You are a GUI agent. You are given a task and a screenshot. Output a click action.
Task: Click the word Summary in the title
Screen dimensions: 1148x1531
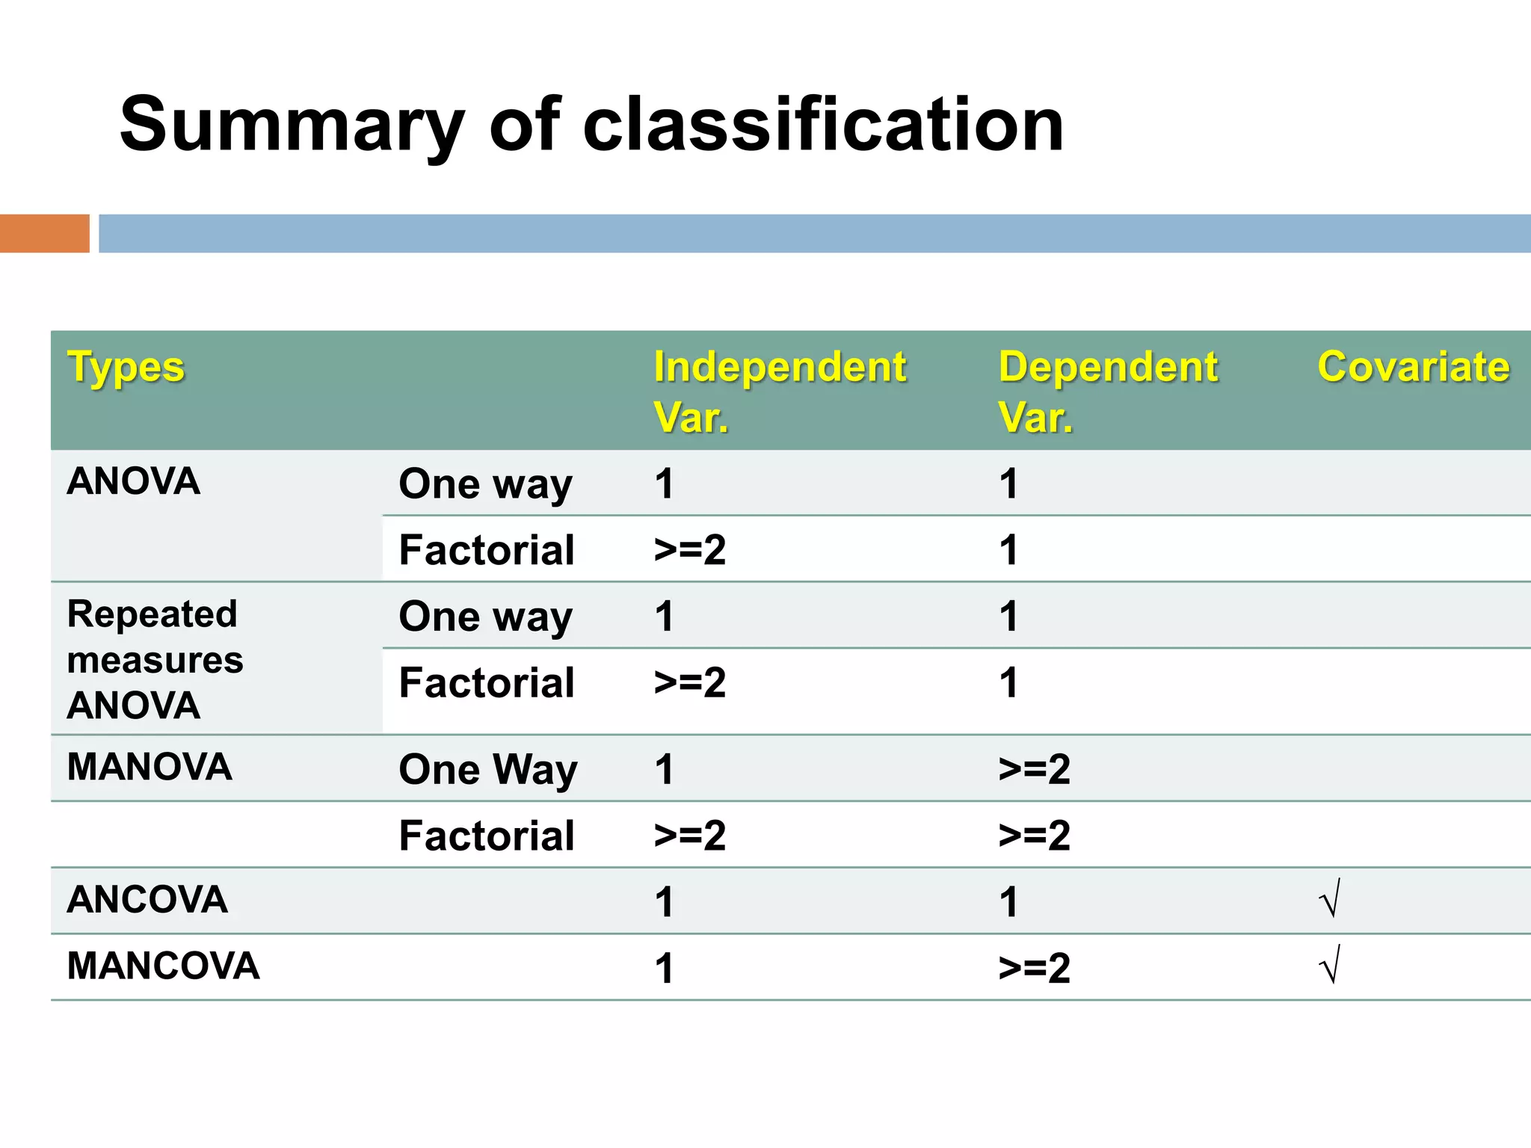coord(292,126)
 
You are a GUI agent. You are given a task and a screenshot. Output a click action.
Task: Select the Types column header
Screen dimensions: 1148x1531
coord(126,368)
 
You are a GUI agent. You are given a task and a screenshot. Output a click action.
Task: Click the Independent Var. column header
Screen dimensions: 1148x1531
coord(779,392)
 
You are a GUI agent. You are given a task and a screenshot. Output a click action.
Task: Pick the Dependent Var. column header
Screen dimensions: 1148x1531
coord(1108,392)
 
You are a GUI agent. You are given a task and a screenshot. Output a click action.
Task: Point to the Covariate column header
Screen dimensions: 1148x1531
coord(1413,368)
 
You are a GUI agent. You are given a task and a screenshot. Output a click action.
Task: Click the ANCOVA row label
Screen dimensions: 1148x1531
coord(147,900)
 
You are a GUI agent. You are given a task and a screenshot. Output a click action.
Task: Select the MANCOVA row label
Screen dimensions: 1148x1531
coord(163,966)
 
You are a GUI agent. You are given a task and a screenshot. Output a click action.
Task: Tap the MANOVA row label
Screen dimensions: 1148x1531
coord(150,767)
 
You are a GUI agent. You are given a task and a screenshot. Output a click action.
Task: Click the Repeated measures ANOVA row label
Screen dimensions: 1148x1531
coord(155,659)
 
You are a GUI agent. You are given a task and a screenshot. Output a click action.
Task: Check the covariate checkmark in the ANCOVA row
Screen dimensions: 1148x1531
coord(1330,899)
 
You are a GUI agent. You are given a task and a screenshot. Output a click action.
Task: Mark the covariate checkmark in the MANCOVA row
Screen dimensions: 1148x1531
coord(1330,966)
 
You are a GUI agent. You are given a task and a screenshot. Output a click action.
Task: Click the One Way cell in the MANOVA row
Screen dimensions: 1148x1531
coord(487,769)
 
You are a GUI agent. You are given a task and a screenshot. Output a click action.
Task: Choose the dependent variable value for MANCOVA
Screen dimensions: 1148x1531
coord(1035,968)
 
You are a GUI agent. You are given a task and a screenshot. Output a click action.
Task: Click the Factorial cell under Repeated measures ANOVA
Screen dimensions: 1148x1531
coord(487,683)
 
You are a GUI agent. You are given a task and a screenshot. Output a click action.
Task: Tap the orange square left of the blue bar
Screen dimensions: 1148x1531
coord(44,233)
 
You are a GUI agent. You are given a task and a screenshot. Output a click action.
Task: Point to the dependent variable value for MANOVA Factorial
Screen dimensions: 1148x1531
coord(1035,835)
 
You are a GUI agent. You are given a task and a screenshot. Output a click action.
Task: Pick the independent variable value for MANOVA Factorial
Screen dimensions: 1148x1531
coord(689,835)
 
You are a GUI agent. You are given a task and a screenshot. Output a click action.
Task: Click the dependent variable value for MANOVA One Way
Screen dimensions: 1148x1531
coord(1035,769)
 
